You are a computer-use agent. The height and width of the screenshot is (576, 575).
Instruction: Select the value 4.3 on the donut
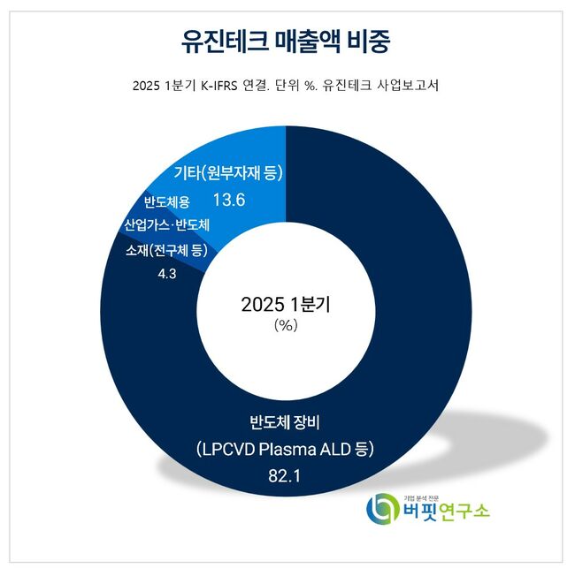(168, 275)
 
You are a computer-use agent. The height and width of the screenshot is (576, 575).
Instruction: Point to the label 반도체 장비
(287, 420)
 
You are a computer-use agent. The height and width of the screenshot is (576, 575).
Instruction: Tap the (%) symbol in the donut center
(287, 325)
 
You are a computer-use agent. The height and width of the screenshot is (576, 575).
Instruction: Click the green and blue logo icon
(382, 510)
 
